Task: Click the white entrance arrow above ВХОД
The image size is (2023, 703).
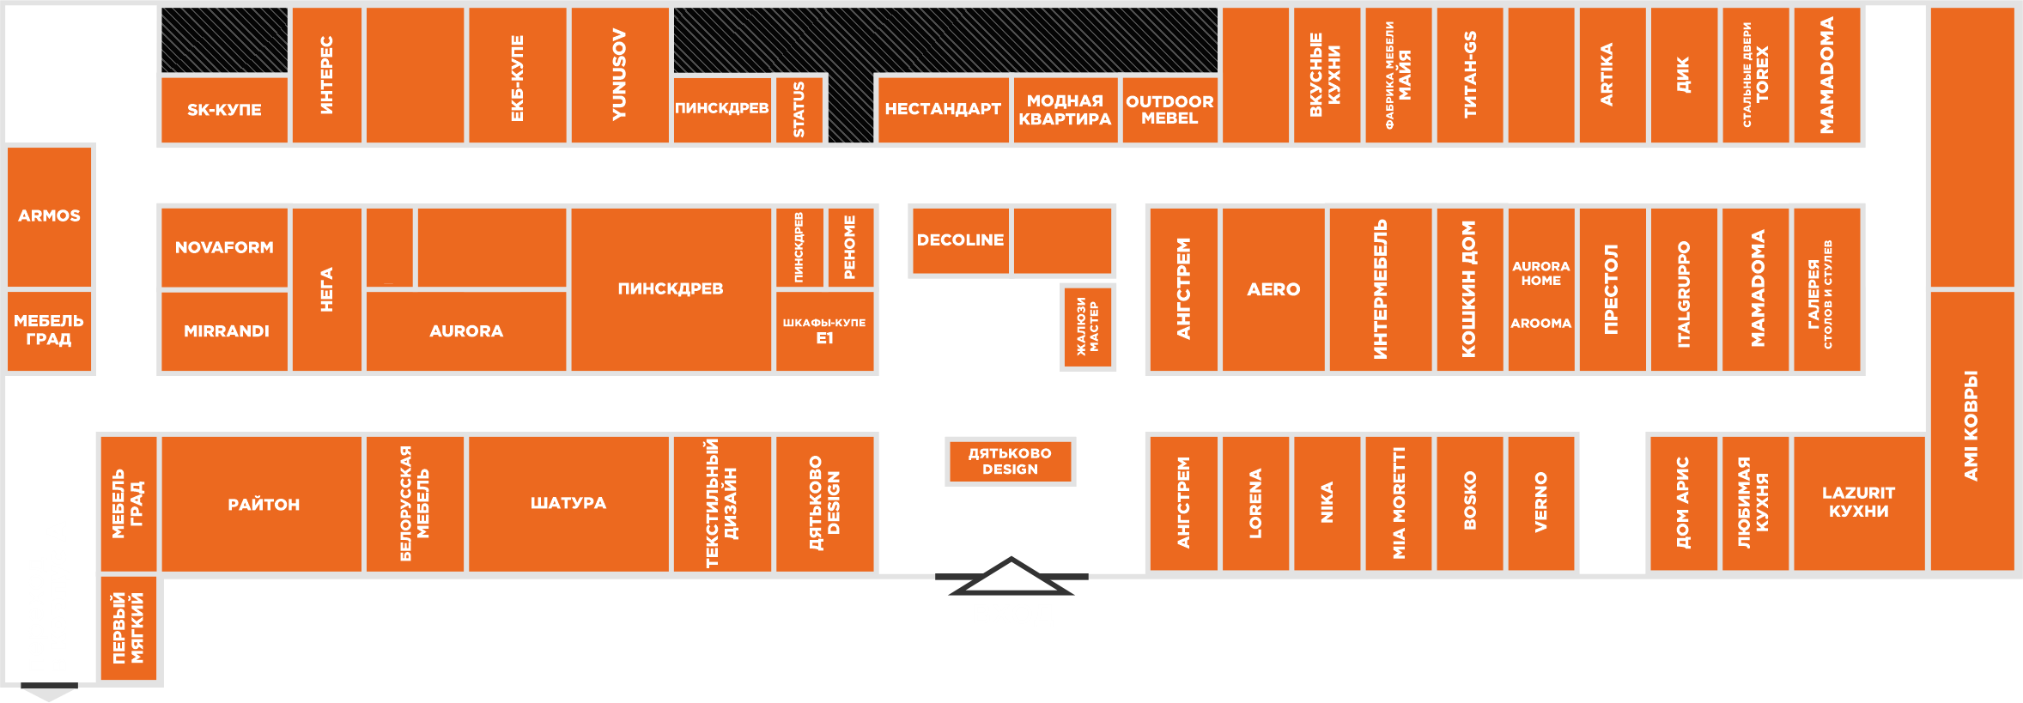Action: pos(1011,577)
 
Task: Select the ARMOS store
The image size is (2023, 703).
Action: pos(50,215)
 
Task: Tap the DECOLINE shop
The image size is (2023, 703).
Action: pos(960,240)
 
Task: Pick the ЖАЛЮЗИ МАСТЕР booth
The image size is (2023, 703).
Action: pos(1088,326)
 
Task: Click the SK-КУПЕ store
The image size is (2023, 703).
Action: pos(224,110)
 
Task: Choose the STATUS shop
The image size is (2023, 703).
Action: pos(799,109)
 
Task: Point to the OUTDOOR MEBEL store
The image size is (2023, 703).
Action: pos(1169,109)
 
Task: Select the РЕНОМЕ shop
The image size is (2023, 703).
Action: pos(850,247)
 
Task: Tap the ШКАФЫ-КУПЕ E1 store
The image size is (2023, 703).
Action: pos(824,330)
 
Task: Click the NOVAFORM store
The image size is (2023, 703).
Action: pos(224,247)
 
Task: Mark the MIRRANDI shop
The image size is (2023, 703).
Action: pos(226,331)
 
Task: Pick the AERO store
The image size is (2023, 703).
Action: pos(1273,289)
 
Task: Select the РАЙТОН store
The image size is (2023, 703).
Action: pos(263,504)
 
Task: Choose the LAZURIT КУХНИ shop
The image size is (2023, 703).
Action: pos(1858,502)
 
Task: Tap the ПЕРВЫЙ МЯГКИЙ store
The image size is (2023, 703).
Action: pos(129,627)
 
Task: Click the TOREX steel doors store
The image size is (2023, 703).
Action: pos(1756,75)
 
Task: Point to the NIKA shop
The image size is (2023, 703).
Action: pos(1327,503)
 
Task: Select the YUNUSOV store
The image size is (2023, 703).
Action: pos(619,75)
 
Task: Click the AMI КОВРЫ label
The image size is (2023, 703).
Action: pos(1971,425)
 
